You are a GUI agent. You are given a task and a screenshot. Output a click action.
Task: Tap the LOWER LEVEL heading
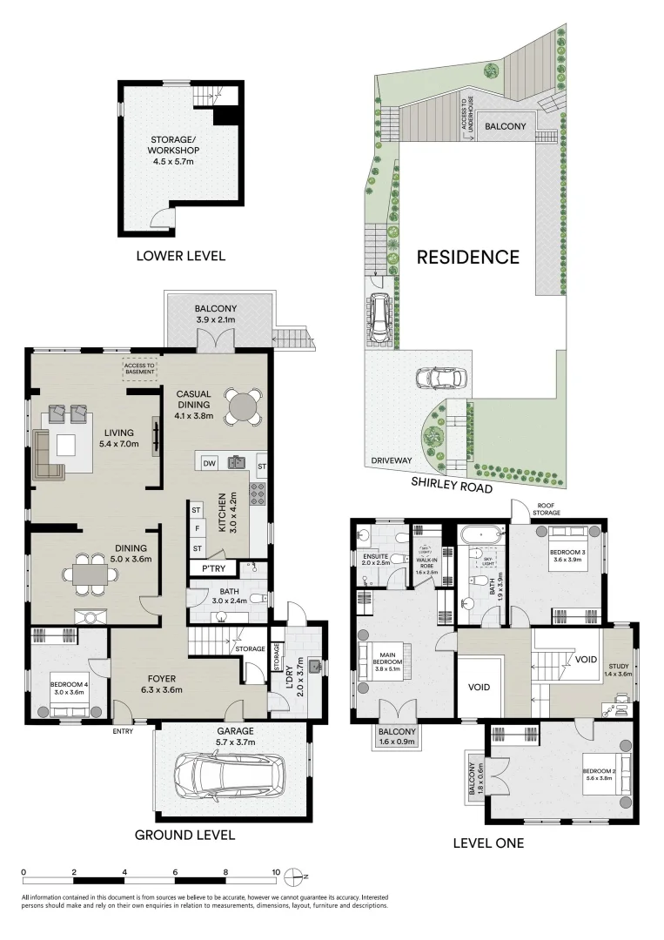(180, 256)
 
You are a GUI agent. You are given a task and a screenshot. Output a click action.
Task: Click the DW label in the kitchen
(209, 464)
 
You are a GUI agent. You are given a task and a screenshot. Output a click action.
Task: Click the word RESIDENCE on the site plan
(467, 257)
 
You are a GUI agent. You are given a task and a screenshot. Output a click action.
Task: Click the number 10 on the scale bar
(276, 871)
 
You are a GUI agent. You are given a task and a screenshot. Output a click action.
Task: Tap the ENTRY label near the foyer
(124, 731)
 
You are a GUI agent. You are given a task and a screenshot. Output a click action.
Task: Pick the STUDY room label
(618, 669)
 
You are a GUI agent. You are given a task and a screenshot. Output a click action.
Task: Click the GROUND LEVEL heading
(184, 835)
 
